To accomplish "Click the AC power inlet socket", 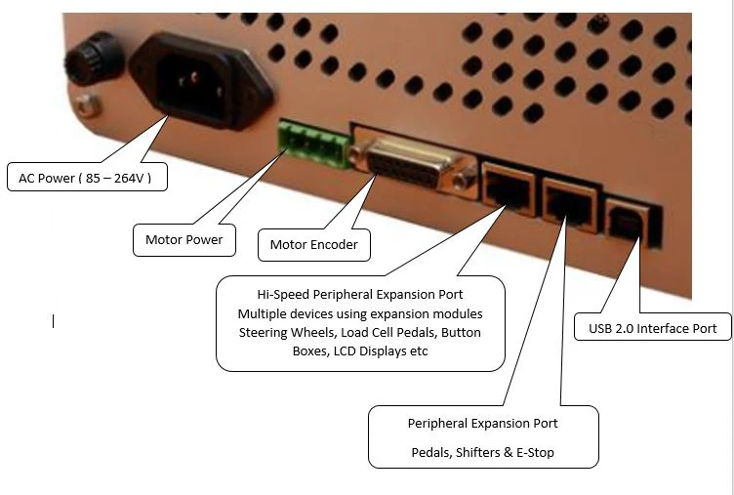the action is click(x=201, y=81).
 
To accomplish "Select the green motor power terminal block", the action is click(x=314, y=144).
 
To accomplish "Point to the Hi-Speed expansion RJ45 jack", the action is click(x=509, y=188).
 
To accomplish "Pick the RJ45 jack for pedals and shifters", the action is click(x=571, y=205).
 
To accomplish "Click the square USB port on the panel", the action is click(x=628, y=223).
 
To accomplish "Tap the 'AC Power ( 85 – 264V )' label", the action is click(x=87, y=177).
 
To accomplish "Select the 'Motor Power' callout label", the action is click(x=183, y=240).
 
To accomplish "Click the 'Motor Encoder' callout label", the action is click(x=314, y=244).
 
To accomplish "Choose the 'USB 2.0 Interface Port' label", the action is click(x=653, y=328).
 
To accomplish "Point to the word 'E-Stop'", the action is click(x=535, y=452).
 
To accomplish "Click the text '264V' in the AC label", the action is click(x=129, y=178).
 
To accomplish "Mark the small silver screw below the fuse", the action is click(x=87, y=104).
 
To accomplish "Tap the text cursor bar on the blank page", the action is click(x=54, y=321).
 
